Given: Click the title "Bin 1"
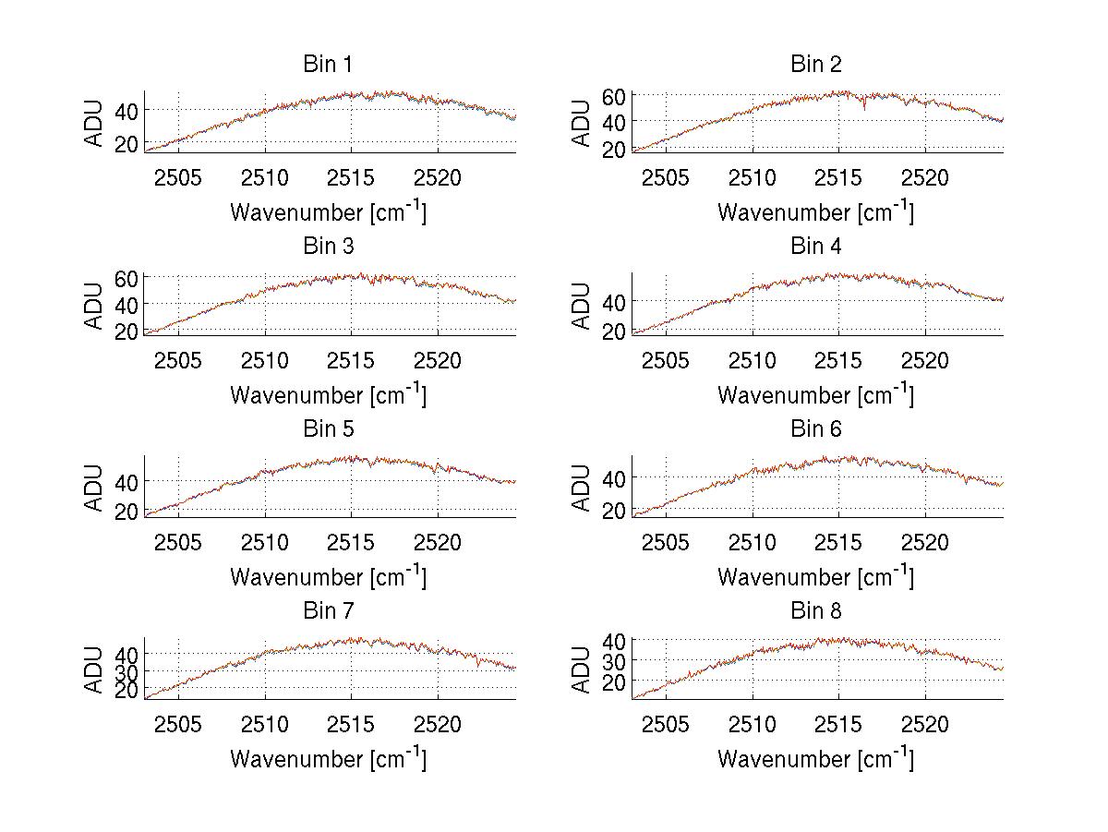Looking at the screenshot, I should pyautogui.click(x=328, y=65).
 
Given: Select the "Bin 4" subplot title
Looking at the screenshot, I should pyautogui.click(x=816, y=247).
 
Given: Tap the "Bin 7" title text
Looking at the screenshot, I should pyautogui.click(x=328, y=611).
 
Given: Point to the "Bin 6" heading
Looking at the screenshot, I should pyautogui.click(x=816, y=429).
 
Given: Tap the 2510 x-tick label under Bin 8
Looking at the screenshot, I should pyautogui.click(x=753, y=724).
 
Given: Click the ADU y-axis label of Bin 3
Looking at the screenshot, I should pyautogui.click(x=95, y=306).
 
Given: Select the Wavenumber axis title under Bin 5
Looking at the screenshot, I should pyautogui.click(x=328, y=577).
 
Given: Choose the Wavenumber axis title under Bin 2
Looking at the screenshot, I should pyautogui.click(x=816, y=212).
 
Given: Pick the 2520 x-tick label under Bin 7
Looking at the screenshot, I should pyautogui.click(x=438, y=724).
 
